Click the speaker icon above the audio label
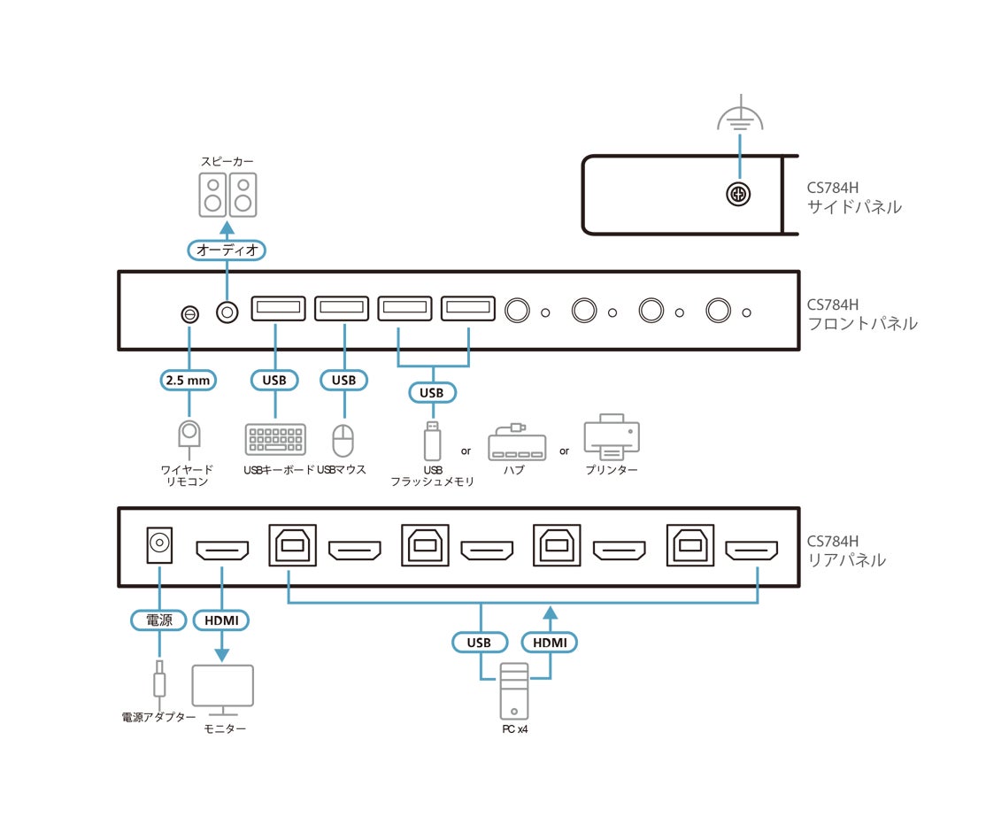coord(227,195)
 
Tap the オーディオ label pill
coord(227,250)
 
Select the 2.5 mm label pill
coord(188,381)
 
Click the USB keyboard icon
coord(275,439)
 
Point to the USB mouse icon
coord(343,440)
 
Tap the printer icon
coord(612,436)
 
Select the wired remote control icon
coord(189,438)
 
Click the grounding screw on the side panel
coord(738,195)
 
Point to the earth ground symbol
coord(740,114)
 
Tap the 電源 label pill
coord(159,620)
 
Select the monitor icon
coord(223,689)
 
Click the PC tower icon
coord(514,691)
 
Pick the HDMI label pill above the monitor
coord(221,620)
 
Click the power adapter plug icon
coord(159,679)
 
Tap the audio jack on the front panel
coord(227,312)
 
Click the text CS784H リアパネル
coord(846,551)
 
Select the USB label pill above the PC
coord(479,643)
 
